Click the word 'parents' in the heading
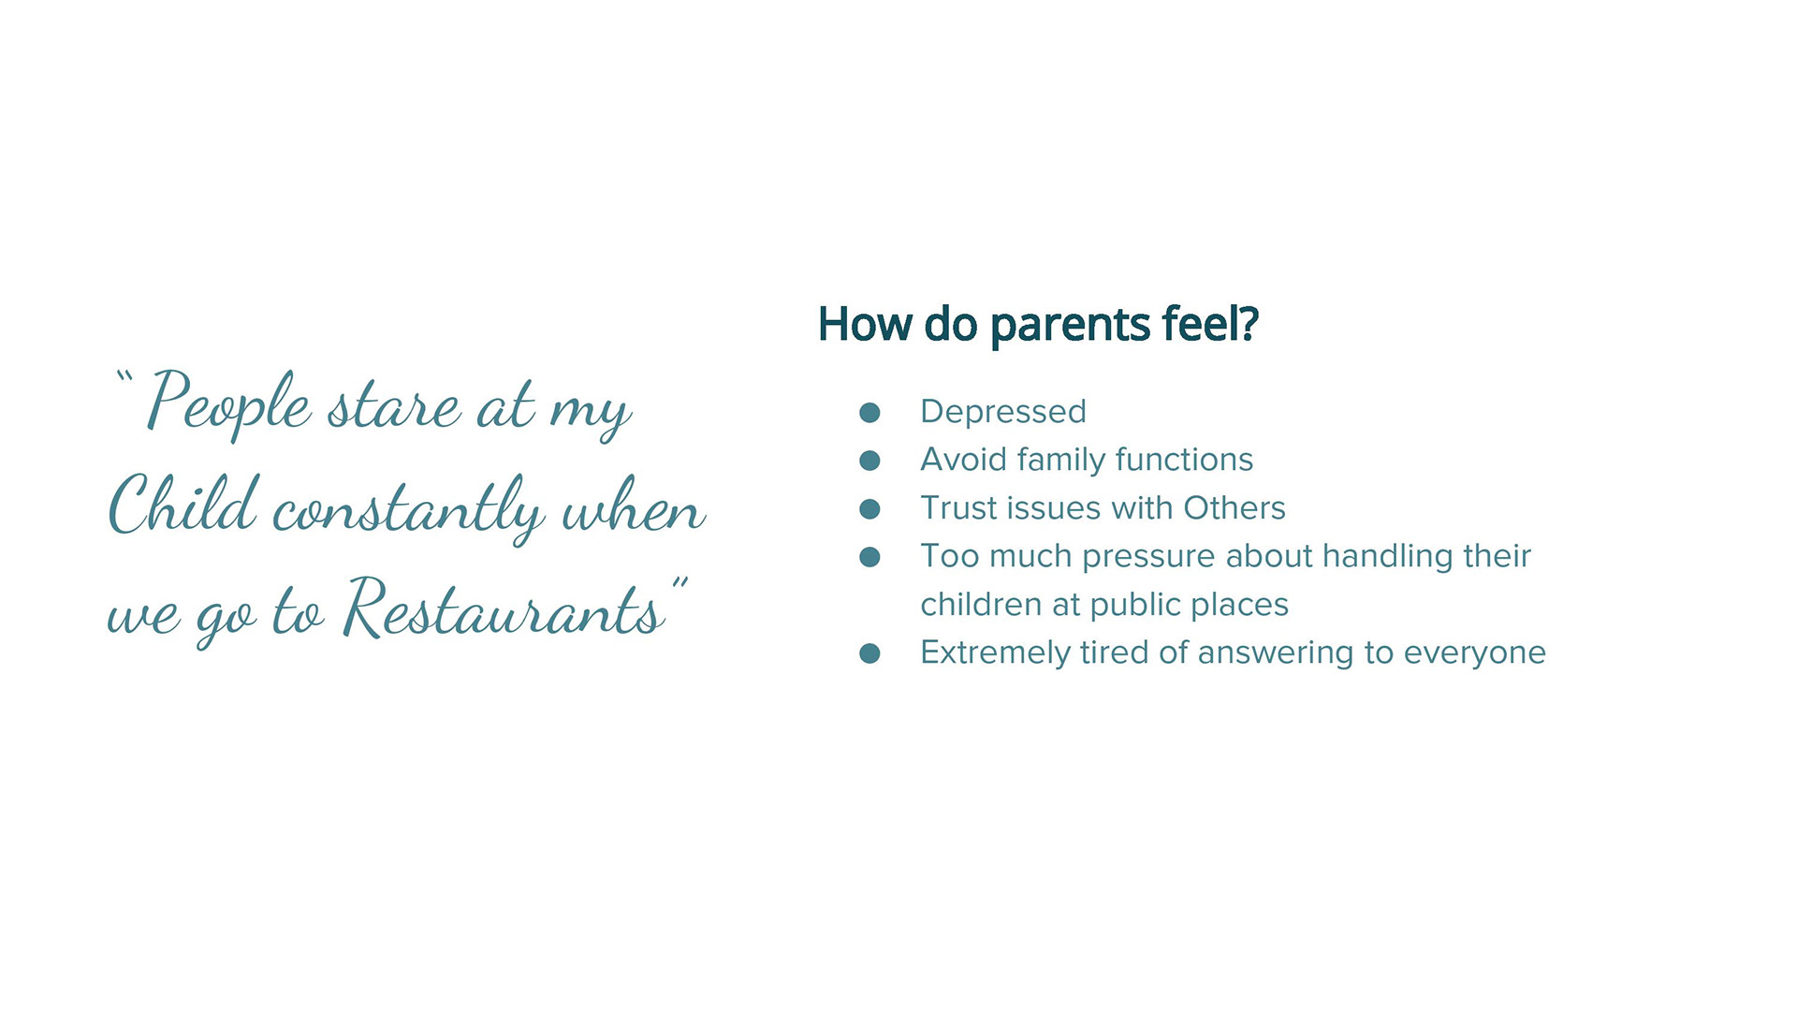pyautogui.click(x=1070, y=327)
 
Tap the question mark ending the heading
pyautogui.click(x=1249, y=324)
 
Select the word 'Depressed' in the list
pyautogui.click(x=1003, y=412)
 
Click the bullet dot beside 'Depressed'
pyautogui.click(x=869, y=413)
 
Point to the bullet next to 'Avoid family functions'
pyautogui.click(x=869, y=461)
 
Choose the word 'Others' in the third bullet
pyautogui.click(x=1235, y=508)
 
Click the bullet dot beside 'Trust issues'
pyautogui.click(x=869, y=508)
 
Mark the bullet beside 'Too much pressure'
pyautogui.click(x=869, y=557)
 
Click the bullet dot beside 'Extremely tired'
pyautogui.click(x=869, y=653)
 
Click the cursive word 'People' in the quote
pyautogui.click(x=229, y=402)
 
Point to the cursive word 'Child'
pyautogui.click(x=183, y=505)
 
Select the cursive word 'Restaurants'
pyautogui.click(x=504, y=608)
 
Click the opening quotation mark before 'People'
pyautogui.click(x=125, y=380)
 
